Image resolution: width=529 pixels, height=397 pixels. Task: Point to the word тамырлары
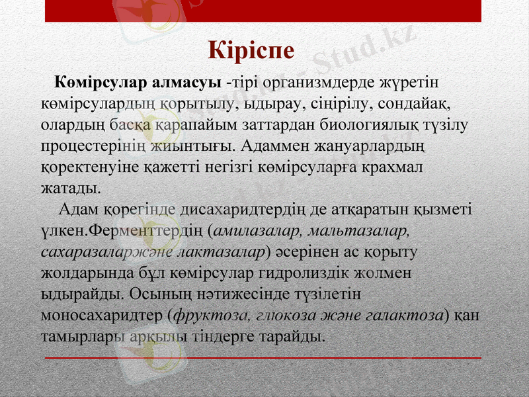81,336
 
